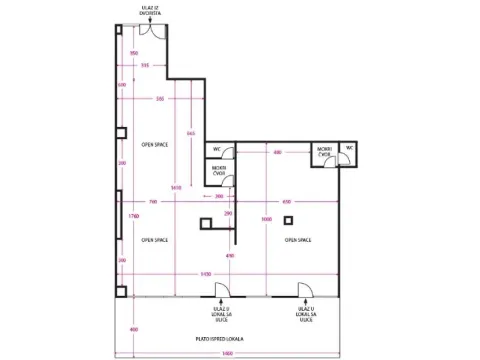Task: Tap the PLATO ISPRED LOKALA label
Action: pos(229,338)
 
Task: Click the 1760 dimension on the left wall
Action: pos(119,215)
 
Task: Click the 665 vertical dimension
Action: pos(191,133)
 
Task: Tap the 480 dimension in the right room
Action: pos(277,152)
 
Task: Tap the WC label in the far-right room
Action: pos(349,148)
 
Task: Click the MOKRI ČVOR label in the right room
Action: pos(325,154)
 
